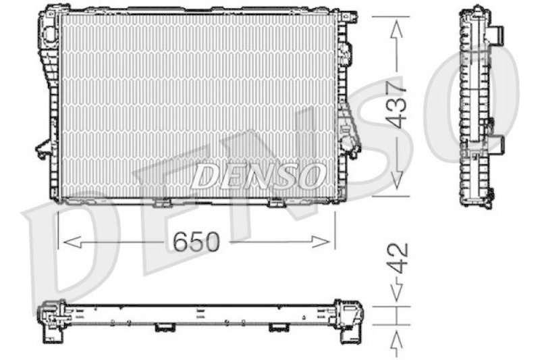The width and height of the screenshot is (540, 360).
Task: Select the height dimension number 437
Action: pos(397,105)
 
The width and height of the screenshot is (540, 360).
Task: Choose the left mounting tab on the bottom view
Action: pos(163,328)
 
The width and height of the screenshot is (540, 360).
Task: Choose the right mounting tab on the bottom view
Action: pos(278,328)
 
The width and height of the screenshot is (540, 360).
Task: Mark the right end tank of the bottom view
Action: pos(350,317)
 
